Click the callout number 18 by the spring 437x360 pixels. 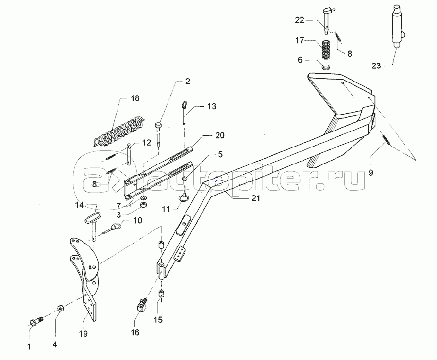point(134,98)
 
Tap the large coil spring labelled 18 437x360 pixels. point(118,130)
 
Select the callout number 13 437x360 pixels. point(213,105)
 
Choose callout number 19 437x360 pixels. point(84,334)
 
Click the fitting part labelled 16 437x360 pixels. point(140,306)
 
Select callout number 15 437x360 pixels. point(158,320)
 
